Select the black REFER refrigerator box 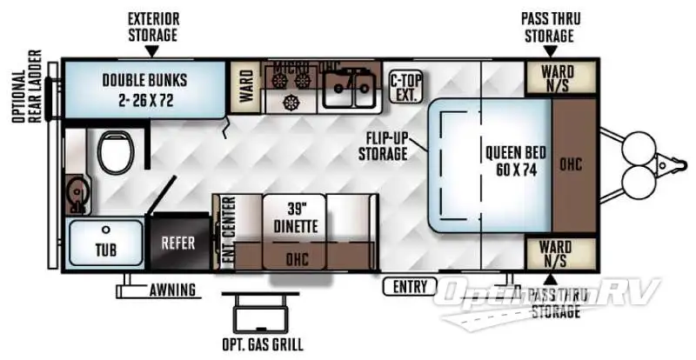tap(178, 243)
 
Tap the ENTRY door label tap(410, 286)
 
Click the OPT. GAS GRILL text tap(264, 344)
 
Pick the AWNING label tap(171, 290)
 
